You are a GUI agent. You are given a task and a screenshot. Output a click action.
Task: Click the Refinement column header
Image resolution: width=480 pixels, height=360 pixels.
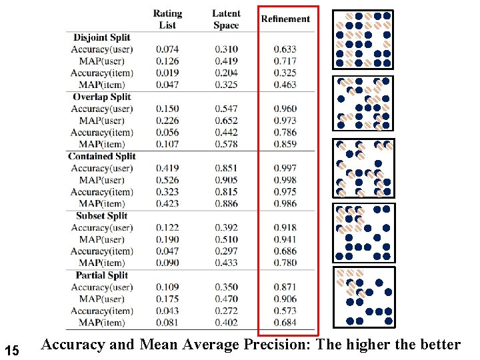coord(285,19)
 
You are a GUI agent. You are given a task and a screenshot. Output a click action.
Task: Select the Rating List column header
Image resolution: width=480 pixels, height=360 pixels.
coord(167,19)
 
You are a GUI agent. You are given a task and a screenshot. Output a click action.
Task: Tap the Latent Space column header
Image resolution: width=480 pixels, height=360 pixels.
coord(226,19)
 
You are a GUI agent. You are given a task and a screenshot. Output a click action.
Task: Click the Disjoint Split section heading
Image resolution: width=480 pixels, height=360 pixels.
coord(101,37)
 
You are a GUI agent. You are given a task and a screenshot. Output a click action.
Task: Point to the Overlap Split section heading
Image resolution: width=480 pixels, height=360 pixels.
coord(102,97)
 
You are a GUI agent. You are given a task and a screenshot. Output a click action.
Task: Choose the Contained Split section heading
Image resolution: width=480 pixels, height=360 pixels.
coord(101,156)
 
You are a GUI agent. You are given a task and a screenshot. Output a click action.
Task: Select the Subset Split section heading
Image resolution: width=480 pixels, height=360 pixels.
coord(101,215)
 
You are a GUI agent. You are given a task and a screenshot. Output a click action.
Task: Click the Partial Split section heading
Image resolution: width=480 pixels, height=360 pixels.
coord(101,275)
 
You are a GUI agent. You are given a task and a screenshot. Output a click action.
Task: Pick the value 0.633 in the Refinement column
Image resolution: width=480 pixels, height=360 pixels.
coord(285,49)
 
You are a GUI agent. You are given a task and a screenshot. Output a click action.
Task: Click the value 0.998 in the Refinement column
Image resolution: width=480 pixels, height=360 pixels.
coord(285,180)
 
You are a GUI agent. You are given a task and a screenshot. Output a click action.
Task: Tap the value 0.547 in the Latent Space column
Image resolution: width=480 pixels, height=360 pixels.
coord(227,109)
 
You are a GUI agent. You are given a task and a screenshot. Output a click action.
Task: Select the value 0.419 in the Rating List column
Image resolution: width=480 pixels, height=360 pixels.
coord(167,168)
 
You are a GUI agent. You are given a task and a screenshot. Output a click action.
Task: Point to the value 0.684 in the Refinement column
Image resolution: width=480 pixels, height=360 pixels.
coord(285,323)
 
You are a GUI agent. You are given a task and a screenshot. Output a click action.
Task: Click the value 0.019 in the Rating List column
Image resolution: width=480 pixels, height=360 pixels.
coord(167,73)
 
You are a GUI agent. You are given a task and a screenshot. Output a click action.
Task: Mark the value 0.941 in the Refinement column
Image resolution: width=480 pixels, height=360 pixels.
coord(285,239)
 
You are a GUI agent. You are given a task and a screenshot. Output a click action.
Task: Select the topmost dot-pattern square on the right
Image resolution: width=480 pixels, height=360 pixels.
coord(363,39)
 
